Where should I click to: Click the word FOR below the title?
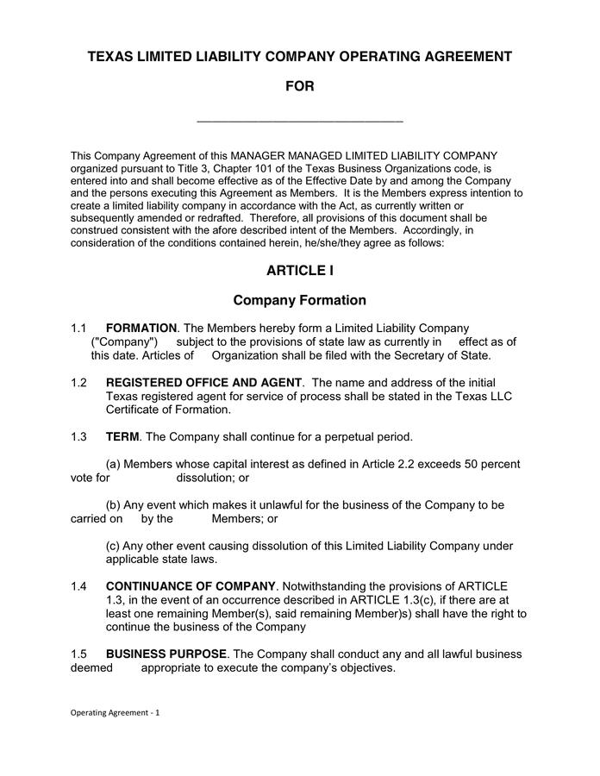point(300,86)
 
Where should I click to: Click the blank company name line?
point(300,120)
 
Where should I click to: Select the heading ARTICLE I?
point(300,271)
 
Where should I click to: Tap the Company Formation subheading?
point(300,301)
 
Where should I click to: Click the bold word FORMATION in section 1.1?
point(141,329)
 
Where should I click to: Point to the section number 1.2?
point(79,383)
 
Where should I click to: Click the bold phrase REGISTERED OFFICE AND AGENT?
point(203,383)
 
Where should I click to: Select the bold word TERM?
point(122,437)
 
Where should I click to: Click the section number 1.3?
point(79,437)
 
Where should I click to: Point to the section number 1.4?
point(79,586)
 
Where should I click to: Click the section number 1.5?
point(79,654)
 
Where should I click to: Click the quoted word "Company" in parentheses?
point(124,341)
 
